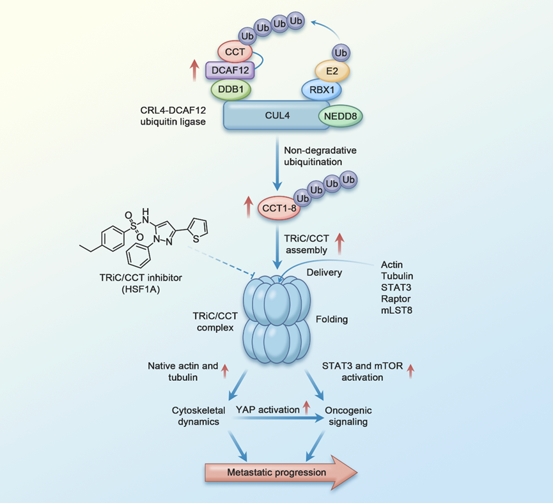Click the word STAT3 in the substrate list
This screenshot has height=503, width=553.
click(394, 288)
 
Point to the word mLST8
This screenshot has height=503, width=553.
click(395, 313)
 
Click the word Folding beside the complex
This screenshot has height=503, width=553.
click(331, 319)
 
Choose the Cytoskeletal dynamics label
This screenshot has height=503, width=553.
click(198, 415)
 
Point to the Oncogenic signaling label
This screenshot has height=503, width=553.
click(347, 415)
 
